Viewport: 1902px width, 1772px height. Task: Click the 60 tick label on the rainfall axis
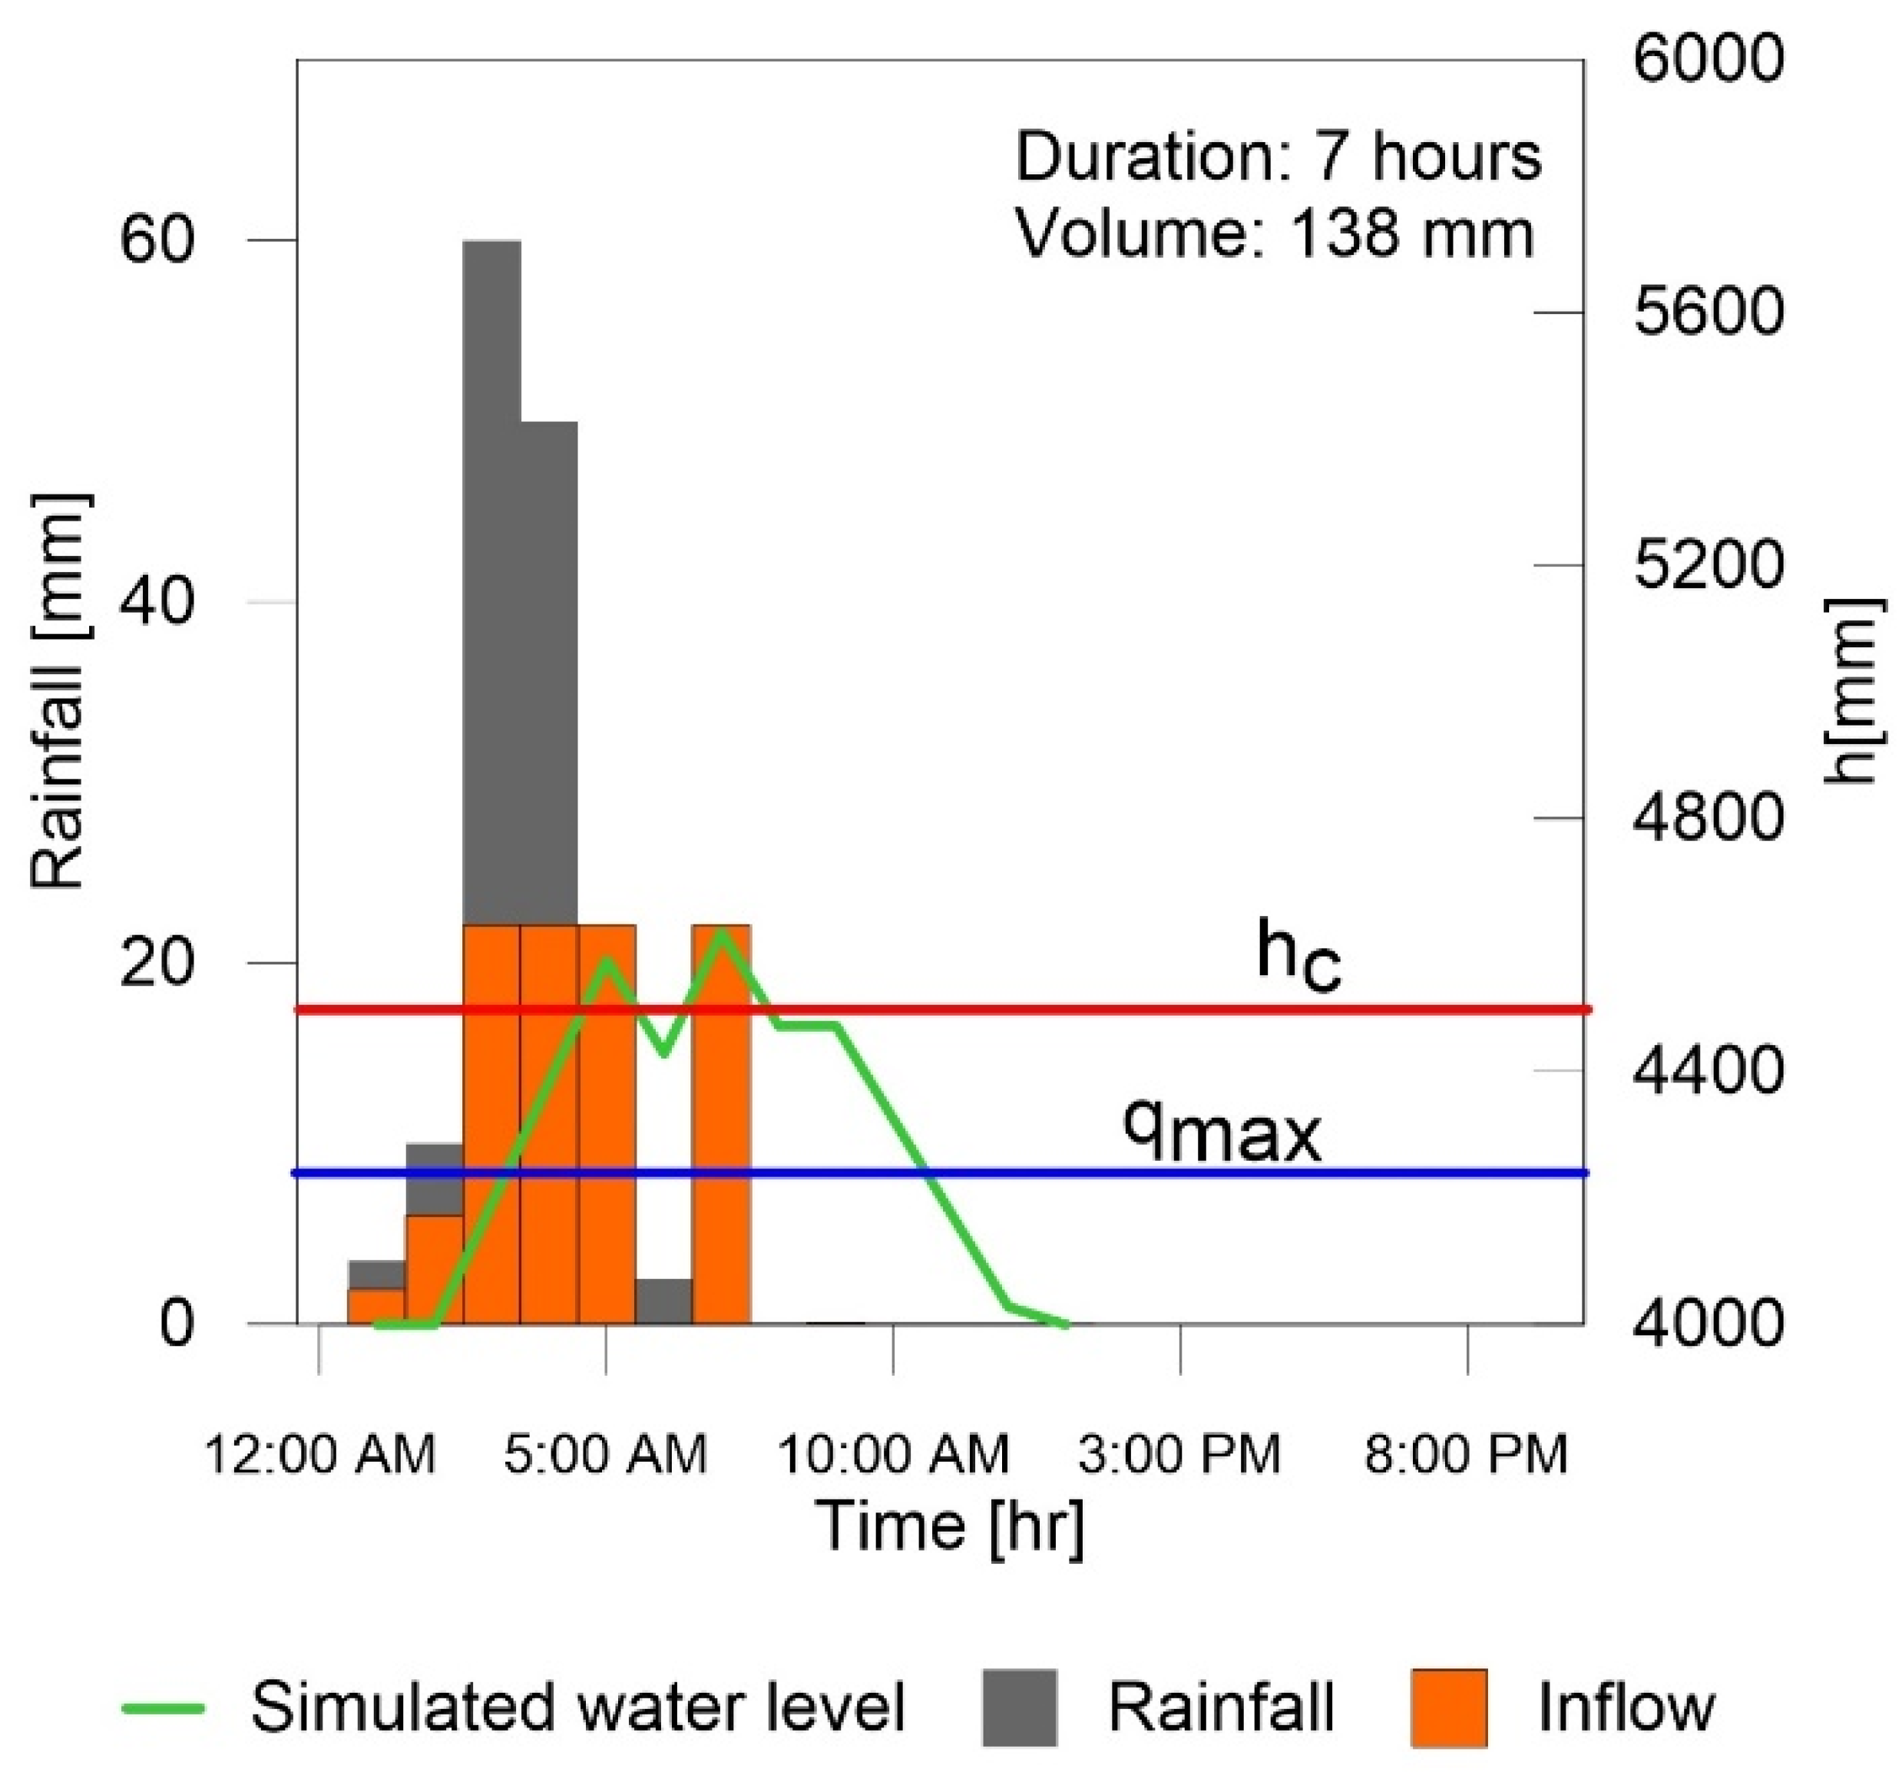pyautogui.click(x=158, y=240)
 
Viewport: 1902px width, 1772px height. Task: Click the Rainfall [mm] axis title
pyautogui.click(x=59, y=692)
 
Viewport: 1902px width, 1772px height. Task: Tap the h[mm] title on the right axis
pyautogui.click(x=1856, y=691)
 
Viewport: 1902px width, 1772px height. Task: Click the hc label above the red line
pyautogui.click(x=1298, y=955)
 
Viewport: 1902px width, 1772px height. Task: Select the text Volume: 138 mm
pyautogui.click(x=1275, y=233)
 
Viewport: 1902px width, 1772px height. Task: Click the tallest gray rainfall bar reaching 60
pyautogui.click(x=491, y=574)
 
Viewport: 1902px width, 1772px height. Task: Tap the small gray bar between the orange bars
pyautogui.click(x=664, y=1301)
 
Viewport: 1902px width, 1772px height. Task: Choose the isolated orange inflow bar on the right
pyautogui.click(x=721, y=1124)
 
